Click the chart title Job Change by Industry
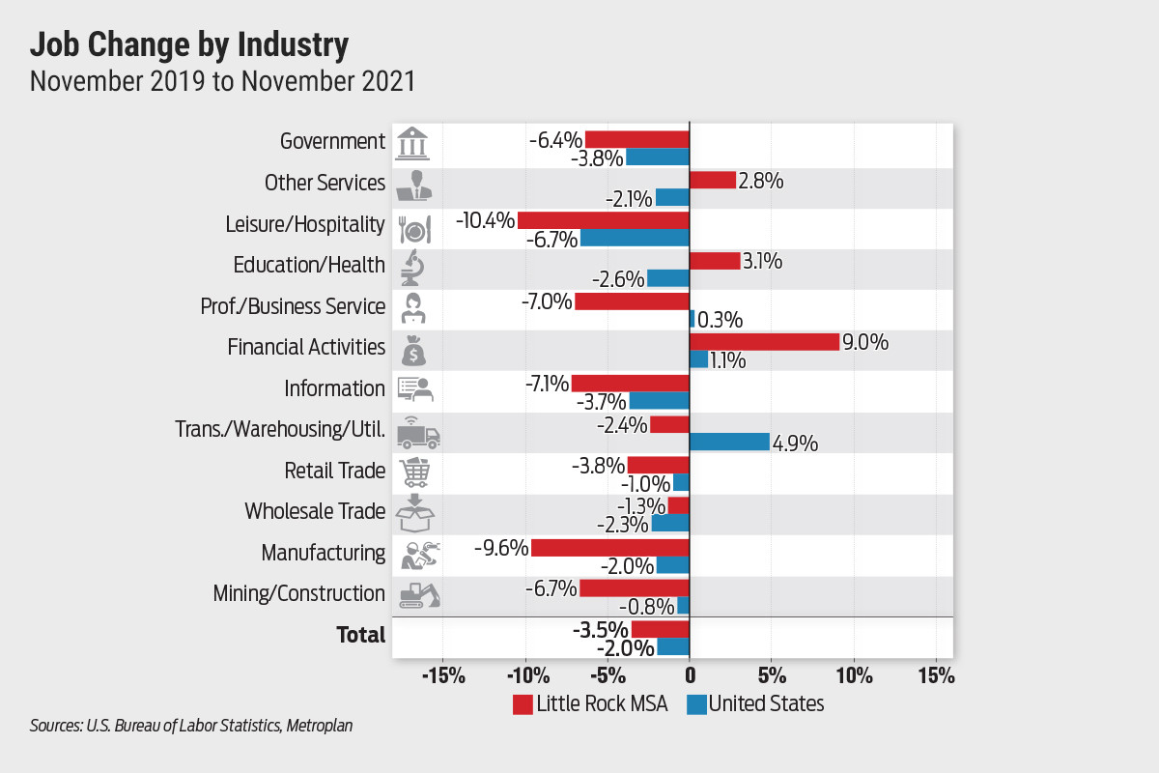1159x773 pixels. tap(189, 44)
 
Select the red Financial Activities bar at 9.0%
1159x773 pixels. tap(764, 342)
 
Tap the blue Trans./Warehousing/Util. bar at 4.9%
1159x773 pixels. tap(729, 443)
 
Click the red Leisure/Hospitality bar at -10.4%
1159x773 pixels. tap(603, 220)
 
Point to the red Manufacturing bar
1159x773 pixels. tap(609, 547)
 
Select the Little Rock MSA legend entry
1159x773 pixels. tap(589, 703)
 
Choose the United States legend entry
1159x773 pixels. tap(756, 703)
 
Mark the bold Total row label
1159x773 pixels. tap(360, 635)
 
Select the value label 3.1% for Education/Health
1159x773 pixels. tap(764, 262)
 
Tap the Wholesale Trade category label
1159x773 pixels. tap(315, 511)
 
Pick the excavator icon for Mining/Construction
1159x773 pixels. tap(418, 594)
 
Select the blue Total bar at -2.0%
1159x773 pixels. tap(672, 646)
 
